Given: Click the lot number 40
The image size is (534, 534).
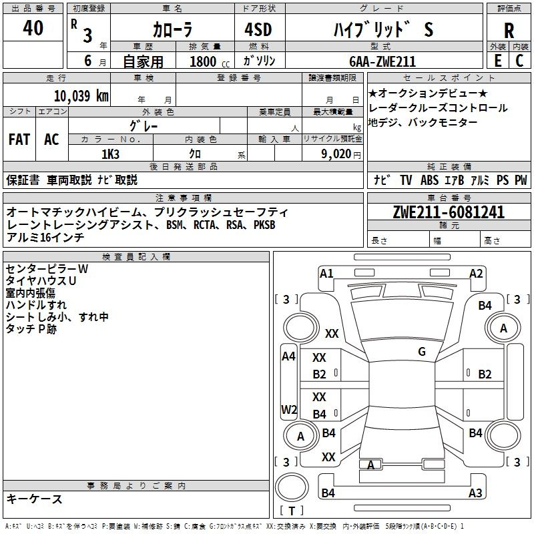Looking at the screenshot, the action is pos(33,27).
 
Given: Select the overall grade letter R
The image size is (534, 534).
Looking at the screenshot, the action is pos(509,31).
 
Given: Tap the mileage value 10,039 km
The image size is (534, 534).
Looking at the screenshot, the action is pos(81,95).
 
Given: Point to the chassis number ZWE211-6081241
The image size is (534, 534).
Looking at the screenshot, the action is pos(449,212).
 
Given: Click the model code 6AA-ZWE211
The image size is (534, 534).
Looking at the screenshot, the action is pos(382,61).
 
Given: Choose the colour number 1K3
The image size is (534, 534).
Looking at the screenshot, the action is pos(110,154).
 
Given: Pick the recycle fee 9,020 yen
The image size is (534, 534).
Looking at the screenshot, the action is pos(340,154).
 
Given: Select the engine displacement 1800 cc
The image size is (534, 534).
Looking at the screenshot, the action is pos(210,61).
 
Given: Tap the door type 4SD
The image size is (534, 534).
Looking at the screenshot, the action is pos(258,29).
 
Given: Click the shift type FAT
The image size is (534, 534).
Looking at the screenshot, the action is pos(19,139).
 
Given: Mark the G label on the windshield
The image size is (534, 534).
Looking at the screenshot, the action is pos(422,351).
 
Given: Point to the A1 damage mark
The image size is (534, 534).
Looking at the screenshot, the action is pos(326,273).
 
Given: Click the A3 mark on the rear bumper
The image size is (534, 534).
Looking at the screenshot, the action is pos(475,493).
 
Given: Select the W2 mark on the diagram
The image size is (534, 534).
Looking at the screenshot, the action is pos(289,409).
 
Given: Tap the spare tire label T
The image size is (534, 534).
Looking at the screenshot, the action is pos(292,511).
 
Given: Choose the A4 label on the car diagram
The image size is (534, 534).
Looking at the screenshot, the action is pos(288,356).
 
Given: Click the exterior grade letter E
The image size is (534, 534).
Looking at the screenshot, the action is pos(498,61).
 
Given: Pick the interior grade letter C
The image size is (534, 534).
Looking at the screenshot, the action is pos(519,61).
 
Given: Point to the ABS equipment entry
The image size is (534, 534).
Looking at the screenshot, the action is pos(429,180).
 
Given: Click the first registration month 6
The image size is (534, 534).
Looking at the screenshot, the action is pos(88,61).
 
